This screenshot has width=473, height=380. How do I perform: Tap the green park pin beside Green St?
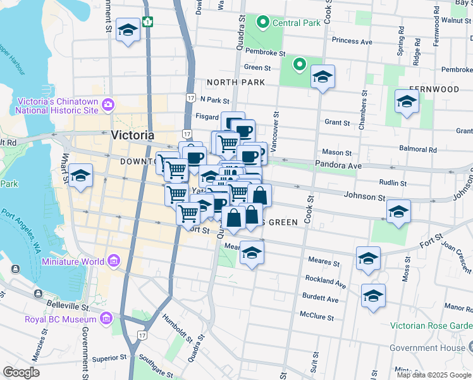(299, 64)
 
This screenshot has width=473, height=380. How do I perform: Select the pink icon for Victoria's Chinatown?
(108, 104)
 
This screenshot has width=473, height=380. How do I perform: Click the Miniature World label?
(73, 261)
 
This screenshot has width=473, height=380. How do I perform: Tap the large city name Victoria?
(132, 135)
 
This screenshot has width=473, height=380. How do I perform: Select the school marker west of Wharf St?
(81, 177)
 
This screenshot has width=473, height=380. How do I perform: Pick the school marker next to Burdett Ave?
(373, 296)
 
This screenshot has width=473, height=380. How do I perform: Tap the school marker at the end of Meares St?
(368, 258)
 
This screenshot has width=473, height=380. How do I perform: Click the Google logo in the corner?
(21, 372)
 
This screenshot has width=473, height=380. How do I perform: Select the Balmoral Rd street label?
(420, 149)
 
